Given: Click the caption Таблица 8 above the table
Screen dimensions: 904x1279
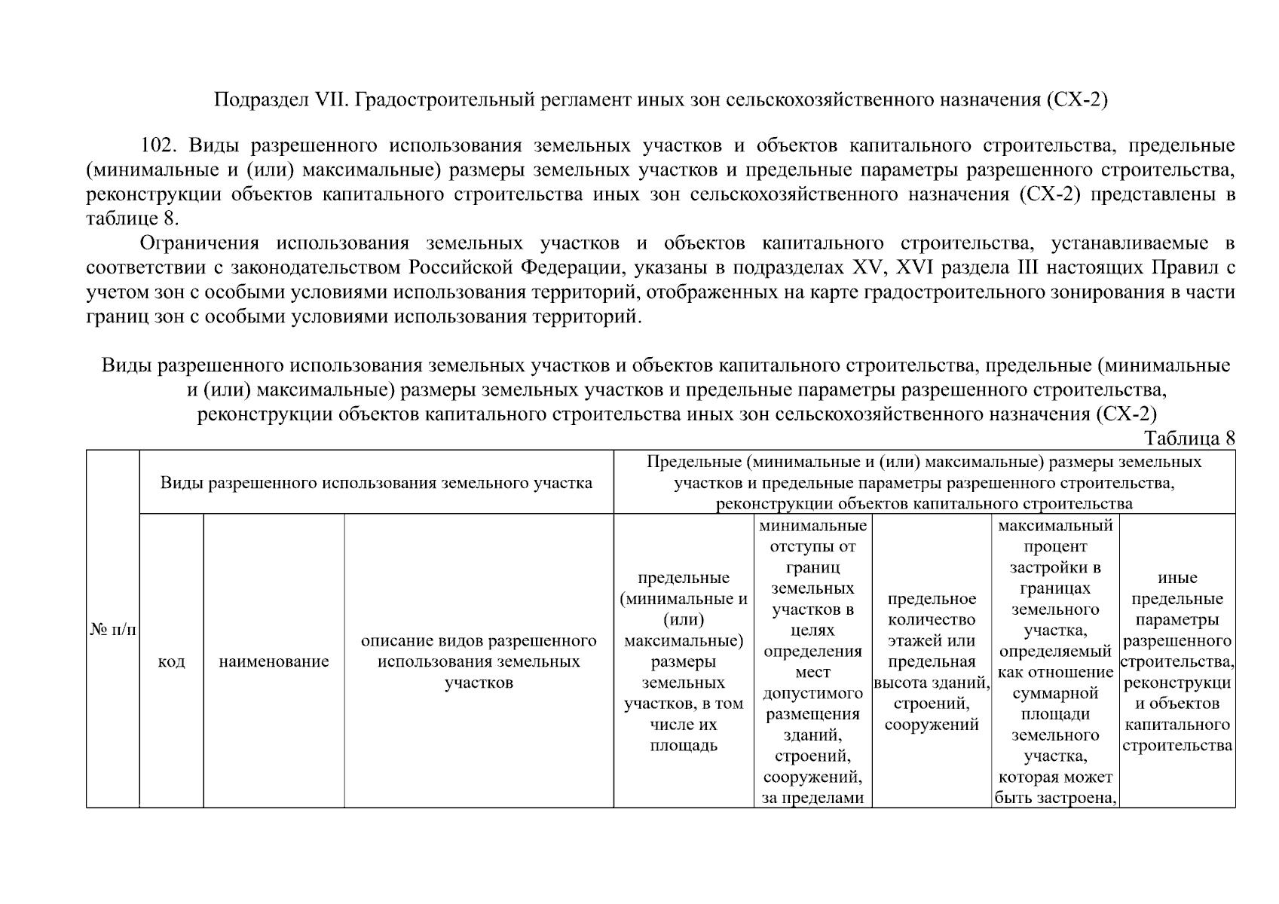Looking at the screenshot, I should [x=1189, y=438].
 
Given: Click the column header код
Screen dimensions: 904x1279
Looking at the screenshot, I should [x=171, y=662].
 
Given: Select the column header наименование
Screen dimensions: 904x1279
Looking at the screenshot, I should [x=274, y=662].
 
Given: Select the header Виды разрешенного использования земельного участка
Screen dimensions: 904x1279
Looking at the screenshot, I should [x=376, y=483].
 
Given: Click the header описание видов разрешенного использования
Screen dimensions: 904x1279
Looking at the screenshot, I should [x=479, y=662].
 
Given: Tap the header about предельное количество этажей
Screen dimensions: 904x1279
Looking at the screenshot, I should [x=932, y=661].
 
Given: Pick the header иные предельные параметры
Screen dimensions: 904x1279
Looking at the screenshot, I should [x=1177, y=661].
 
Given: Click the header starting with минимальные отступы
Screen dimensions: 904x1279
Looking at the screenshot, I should [x=812, y=661].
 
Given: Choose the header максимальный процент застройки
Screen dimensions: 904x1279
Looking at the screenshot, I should [x=1054, y=661].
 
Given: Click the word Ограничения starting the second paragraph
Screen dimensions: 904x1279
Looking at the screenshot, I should [x=200, y=243].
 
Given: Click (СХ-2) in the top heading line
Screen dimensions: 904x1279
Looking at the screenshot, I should [x=1076, y=99].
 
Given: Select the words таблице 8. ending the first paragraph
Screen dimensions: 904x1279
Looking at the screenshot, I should [x=133, y=219].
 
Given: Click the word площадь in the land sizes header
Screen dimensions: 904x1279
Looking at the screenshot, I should [x=683, y=746].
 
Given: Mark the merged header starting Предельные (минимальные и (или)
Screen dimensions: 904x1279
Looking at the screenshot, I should [x=924, y=482].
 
